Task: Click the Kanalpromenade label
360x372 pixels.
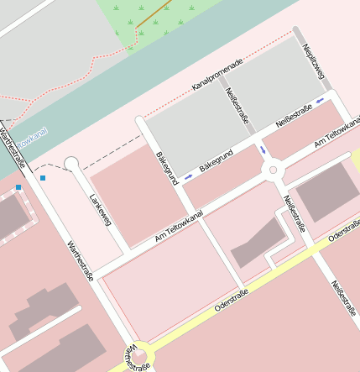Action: (x=217, y=75)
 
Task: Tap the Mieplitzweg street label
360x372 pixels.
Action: (x=313, y=62)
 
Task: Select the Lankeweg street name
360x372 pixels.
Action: (x=99, y=210)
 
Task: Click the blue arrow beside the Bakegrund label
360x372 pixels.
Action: (x=188, y=176)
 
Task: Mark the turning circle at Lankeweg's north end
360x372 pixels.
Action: (x=71, y=163)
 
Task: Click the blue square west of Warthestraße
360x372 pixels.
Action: (x=18, y=187)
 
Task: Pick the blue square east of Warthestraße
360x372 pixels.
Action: (x=43, y=178)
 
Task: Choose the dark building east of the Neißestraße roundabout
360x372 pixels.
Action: (x=326, y=192)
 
